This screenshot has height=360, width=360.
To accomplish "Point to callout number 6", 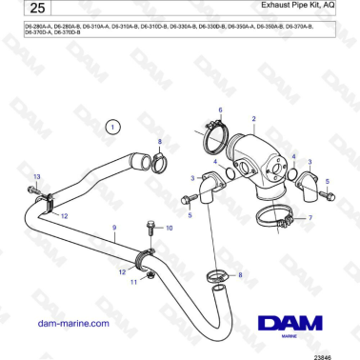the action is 220,110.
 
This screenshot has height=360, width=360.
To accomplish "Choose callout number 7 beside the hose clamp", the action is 310,218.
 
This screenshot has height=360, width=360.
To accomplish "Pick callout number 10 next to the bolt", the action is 170,229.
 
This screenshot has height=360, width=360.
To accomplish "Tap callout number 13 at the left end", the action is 37,178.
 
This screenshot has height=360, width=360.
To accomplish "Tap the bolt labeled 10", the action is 150,230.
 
